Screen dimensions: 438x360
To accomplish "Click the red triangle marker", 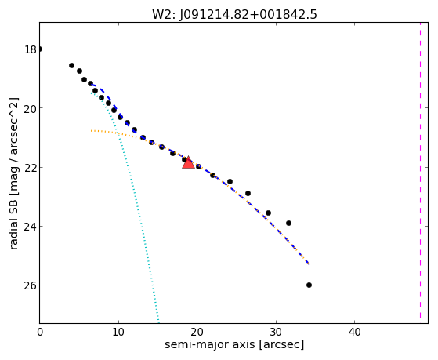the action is [x=188, y=163].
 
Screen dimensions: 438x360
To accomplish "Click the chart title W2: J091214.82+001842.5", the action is [x=234, y=14].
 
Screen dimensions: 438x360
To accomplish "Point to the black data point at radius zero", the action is [x=40, y=49].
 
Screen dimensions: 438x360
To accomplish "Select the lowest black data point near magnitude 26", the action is [x=309, y=285].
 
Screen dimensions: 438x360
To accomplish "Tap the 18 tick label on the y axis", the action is [x=31, y=49].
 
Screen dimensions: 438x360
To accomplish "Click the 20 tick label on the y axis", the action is [x=31, y=108].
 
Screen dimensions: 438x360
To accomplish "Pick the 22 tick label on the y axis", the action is [x=31, y=167].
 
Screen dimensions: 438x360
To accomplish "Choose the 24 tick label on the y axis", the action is [x=31, y=226].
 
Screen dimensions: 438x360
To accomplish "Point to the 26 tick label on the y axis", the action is [x=31, y=285].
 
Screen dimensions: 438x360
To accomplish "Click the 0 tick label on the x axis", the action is [x=40, y=333].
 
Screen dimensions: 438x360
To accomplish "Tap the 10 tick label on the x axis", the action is [x=118, y=333].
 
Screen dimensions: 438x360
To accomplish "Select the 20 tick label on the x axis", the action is [x=197, y=333].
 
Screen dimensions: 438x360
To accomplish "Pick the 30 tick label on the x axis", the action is [x=276, y=333].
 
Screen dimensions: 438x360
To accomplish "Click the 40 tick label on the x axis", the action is [x=355, y=333].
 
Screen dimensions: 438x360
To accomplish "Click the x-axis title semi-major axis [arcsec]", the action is [x=234, y=344].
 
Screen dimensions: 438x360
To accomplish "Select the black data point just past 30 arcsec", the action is [x=288, y=223].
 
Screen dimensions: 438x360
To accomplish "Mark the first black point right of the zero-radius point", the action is [x=71, y=65].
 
